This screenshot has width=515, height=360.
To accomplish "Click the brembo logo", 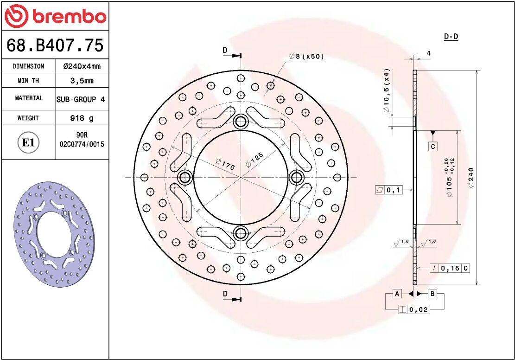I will click(x=55, y=16).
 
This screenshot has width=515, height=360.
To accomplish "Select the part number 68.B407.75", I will click(x=55, y=45).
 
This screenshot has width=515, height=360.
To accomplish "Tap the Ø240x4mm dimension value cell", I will click(x=82, y=66).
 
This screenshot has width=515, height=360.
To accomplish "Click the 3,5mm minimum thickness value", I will click(x=82, y=80).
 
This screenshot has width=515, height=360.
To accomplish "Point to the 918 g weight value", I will click(x=82, y=118).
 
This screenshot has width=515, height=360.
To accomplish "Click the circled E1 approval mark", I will click(x=28, y=142).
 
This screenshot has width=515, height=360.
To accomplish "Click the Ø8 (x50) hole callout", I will click(x=306, y=57).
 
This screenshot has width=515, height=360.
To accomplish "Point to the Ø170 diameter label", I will click(x=225, y=163).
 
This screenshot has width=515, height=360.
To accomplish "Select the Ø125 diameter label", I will click(x=254, y=157).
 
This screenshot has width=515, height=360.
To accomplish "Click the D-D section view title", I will click(x=451, y=37).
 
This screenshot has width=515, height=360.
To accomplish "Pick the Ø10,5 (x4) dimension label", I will click(x=386, y=91).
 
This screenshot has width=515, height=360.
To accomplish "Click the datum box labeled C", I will click(x=432, y=147).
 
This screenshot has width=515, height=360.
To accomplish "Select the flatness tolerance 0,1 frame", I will click(x=388, y=190).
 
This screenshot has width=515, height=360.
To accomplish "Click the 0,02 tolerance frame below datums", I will click(x=413, y=309).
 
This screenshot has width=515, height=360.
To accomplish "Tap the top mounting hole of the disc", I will click(x=241, y=122).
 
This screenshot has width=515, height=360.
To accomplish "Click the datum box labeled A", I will click(x=396, y=294).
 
